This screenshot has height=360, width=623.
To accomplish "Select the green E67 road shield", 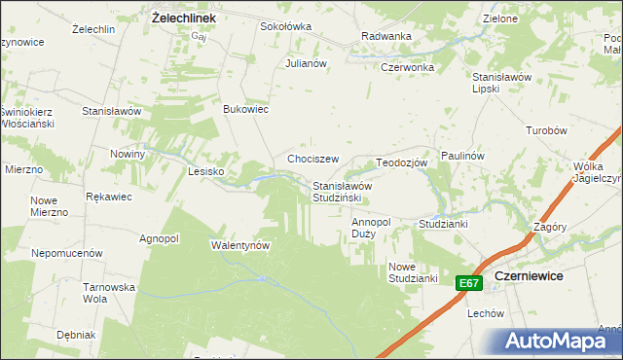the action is click(469, 283).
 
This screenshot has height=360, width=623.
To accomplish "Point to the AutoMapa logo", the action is click(562, 341).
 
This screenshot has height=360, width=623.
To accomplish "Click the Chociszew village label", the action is click(312, 159).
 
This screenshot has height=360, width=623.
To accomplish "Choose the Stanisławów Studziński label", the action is click(343, 192).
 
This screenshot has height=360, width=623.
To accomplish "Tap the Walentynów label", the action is click(239, 245).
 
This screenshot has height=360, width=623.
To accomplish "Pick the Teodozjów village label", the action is click(402, 162).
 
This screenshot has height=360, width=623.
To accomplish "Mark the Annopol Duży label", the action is click(371, 228).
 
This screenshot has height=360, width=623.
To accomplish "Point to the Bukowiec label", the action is click(246, 109).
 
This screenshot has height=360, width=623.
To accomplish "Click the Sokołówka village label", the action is click(284, 26).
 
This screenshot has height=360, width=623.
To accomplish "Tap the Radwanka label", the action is click(385, 36).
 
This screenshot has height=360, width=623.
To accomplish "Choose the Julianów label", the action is click(305, 63).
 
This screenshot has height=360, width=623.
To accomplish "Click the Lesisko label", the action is click(205, 171).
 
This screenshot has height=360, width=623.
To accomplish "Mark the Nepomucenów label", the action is click(67, 252).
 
